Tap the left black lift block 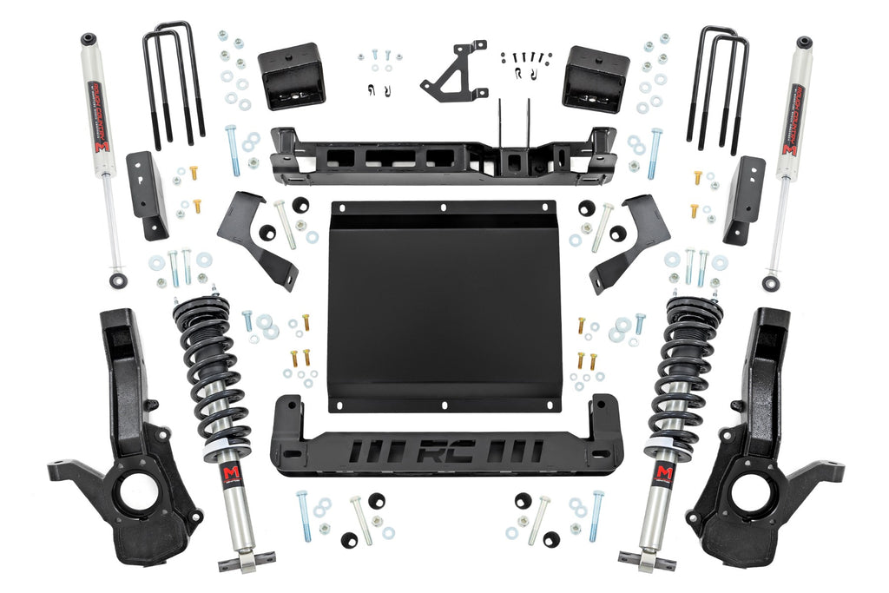coord(291,76)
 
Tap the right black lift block coord(595,79)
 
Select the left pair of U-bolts coord(173,82)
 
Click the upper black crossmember coord(443,156)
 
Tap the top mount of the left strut coord(201,309)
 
